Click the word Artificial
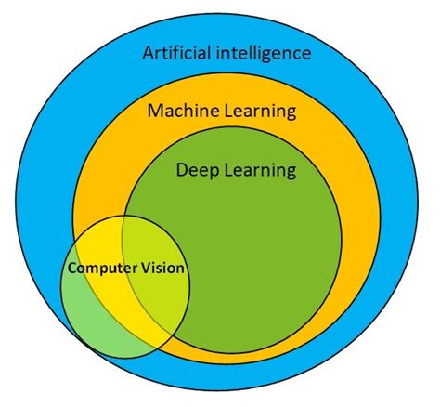(x=175, y=53)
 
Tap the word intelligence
(x=262, y=53)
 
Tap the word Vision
(x=162, y=268)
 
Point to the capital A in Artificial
(x=149, y=52)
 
